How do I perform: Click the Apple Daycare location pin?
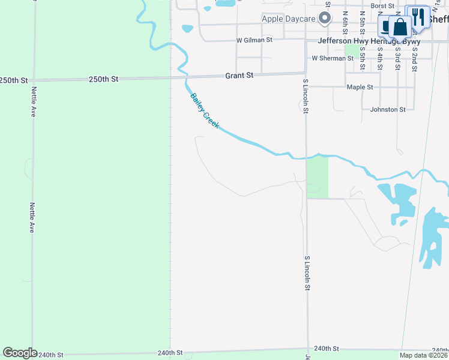[325, 19]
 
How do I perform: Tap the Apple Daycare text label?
[289, 19]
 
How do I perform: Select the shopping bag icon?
[400, 28]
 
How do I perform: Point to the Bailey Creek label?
[205, 111]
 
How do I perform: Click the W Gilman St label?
[255, 40]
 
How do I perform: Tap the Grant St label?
[240, 76]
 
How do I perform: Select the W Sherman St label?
[333, 58]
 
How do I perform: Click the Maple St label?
[360, 87]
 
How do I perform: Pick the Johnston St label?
[388, 109]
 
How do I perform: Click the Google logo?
[20, 353]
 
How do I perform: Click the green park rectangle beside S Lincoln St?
[318, 176]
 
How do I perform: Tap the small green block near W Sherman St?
[352, 50]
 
